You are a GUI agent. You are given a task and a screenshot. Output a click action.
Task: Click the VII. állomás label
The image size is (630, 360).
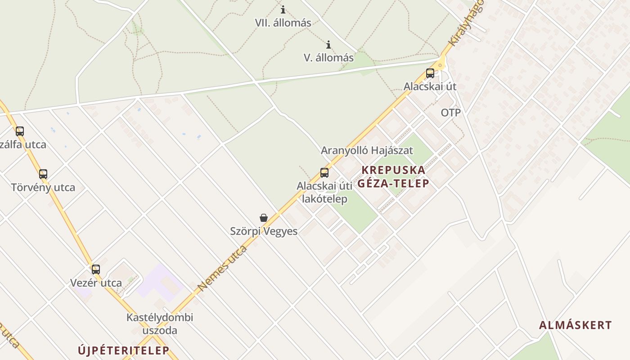tap(283, 22)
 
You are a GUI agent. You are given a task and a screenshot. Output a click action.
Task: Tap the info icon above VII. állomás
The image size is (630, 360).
tap(283, 9)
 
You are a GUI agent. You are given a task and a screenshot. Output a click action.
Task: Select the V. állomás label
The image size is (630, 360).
tap(328, 58)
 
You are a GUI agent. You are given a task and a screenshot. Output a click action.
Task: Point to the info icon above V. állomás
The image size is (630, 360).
tap(328, 45)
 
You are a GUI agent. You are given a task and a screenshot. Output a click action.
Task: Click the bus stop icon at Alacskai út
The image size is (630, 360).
tap(430, 73)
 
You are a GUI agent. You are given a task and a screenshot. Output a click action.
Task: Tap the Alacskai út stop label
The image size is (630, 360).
tap(430, 86)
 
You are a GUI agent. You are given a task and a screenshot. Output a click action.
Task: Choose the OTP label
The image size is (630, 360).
tap(450, 112)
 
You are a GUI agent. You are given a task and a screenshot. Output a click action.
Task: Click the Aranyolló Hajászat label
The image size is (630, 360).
tap(367, 150)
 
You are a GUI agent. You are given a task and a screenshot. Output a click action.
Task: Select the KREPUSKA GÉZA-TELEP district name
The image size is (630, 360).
tap(393, 176)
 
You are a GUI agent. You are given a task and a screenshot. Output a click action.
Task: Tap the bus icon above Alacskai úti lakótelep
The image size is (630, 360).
tap(324, 172)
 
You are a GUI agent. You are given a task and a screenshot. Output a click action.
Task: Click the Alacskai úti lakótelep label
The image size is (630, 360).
tap(324, 192)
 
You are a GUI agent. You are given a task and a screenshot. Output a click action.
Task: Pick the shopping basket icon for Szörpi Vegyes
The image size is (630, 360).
tap(264, 218)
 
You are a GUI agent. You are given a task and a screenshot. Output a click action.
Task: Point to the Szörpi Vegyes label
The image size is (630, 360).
tap(264, 231)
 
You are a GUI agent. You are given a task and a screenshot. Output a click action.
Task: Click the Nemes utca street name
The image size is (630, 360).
tap(222, 268)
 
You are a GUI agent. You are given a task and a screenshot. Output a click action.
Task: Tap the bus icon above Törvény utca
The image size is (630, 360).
tap(43, 174)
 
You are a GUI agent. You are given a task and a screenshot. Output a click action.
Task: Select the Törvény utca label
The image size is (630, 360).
tap(43, 187)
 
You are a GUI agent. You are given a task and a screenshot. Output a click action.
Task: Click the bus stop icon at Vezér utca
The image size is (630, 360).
tap(95, 270)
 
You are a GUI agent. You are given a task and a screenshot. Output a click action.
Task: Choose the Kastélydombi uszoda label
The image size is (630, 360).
tap(159, 324)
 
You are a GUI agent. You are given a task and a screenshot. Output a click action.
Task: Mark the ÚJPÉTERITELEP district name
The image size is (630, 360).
tap(123, 350)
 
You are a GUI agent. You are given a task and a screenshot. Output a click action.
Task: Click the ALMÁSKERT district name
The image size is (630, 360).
tap(575, 325)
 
